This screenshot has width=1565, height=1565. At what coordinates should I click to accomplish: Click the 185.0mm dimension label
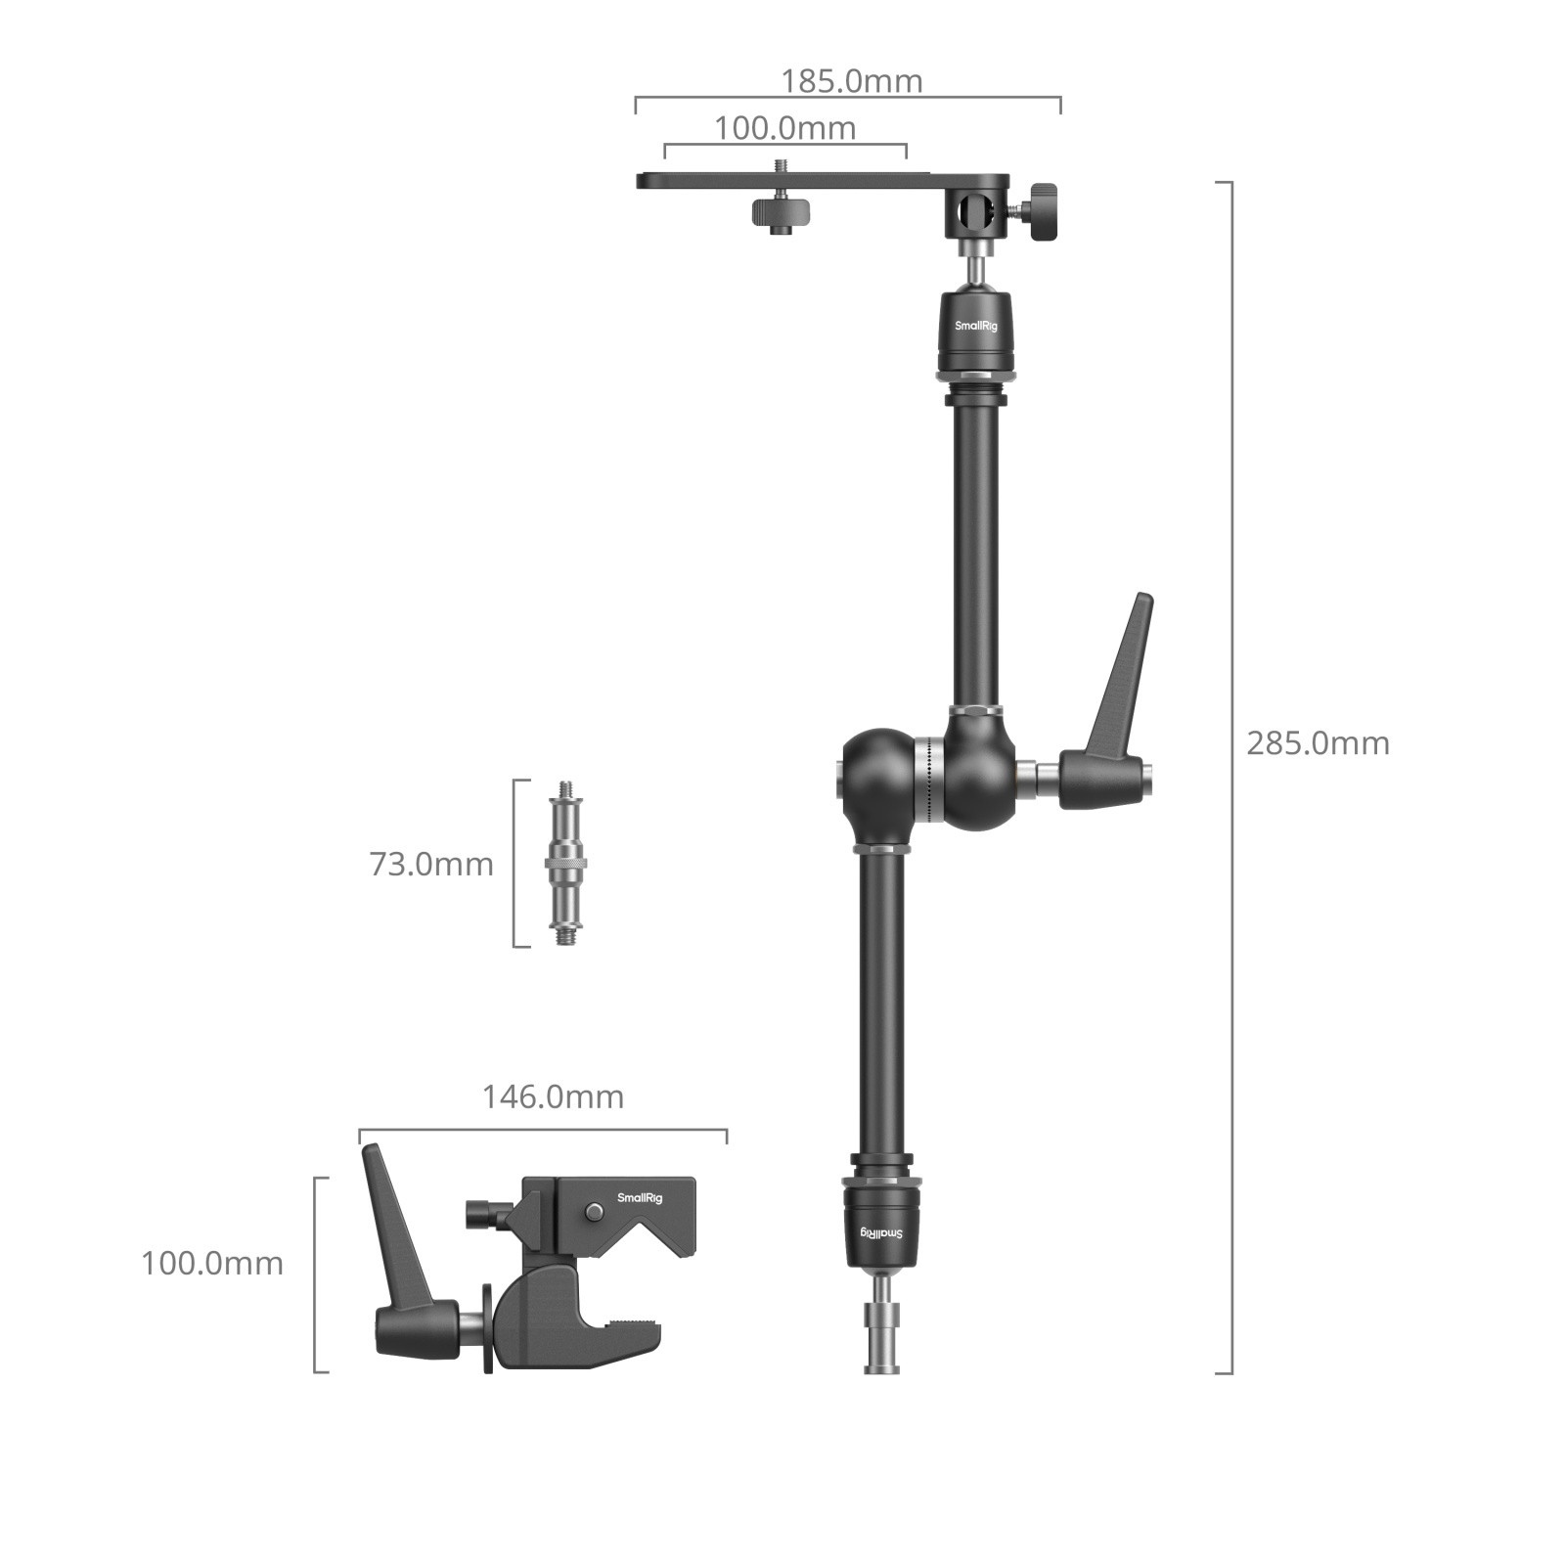pyautogui.click(x=851, y=80)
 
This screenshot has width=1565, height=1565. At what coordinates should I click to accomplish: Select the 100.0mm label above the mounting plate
pyautogui.click(x=784, y=128)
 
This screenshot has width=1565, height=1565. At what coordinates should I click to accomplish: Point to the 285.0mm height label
pyautogui.click(x=1317, y=743)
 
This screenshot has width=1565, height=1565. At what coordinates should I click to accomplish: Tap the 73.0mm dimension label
pyautogui.click(x=431, y=865)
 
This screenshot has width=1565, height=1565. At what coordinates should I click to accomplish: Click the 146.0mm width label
pyautogui.click(x=553, y=1097)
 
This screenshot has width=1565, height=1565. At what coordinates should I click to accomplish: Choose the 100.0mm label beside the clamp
pyautogui.click(x=212, y=1263)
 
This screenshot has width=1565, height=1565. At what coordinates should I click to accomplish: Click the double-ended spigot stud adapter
pyautogui.click(x=565, y=863)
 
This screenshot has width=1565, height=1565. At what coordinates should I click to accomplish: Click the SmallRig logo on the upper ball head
pyautogui.click(x=976, y=326)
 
